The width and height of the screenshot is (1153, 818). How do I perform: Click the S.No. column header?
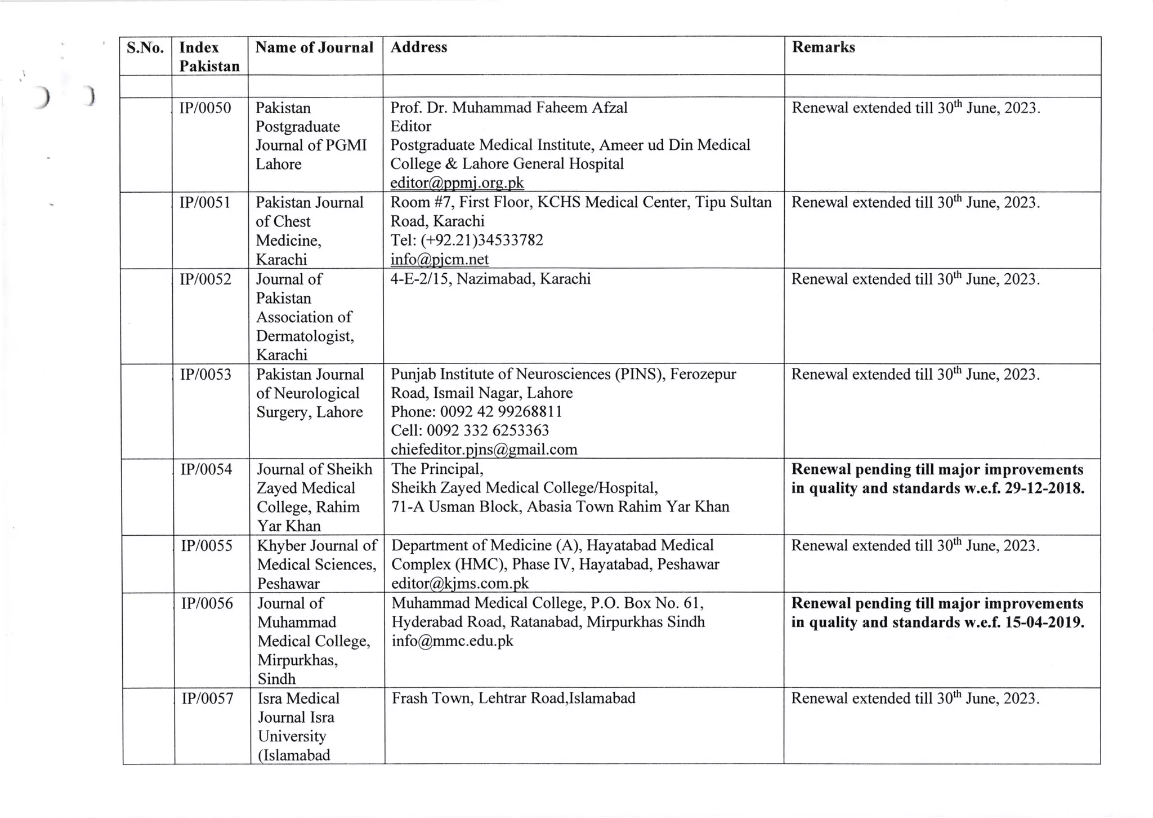click(x=145, y=48)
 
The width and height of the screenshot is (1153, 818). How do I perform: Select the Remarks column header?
click(x=823, y=47)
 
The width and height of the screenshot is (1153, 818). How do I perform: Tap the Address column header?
click(x=419, y=47)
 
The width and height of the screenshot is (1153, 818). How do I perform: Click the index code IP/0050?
click(x=205, y=108)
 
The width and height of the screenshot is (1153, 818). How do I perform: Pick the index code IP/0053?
click(x=205, y=375)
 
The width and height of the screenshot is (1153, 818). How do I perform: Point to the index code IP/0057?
click(x=207, y=699)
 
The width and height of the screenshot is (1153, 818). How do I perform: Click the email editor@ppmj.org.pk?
click(x=457, y=183)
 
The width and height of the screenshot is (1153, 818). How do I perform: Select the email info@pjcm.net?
click(x=439, y=260)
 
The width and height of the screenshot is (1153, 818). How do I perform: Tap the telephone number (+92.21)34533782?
click(x=481, y=241)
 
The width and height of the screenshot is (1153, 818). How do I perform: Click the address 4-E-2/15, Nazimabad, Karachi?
click(x=490, y=279)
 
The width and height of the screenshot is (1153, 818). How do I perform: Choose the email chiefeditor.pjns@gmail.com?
click(x=484, y=450)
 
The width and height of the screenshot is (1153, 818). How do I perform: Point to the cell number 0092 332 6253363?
click(x=488, y=431)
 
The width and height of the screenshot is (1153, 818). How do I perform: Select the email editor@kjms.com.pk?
click(x=460, y=584)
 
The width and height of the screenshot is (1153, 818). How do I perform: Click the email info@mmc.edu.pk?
click(x=452, y=641)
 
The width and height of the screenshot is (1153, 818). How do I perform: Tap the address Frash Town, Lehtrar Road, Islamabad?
click(x=513, y=699)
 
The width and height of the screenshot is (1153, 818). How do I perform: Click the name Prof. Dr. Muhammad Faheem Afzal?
click(x=509, y=108)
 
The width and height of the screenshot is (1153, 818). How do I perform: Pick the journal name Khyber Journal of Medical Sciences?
click(x=317, y=555)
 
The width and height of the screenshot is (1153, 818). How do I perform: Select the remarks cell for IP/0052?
click(x=915, y=280)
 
